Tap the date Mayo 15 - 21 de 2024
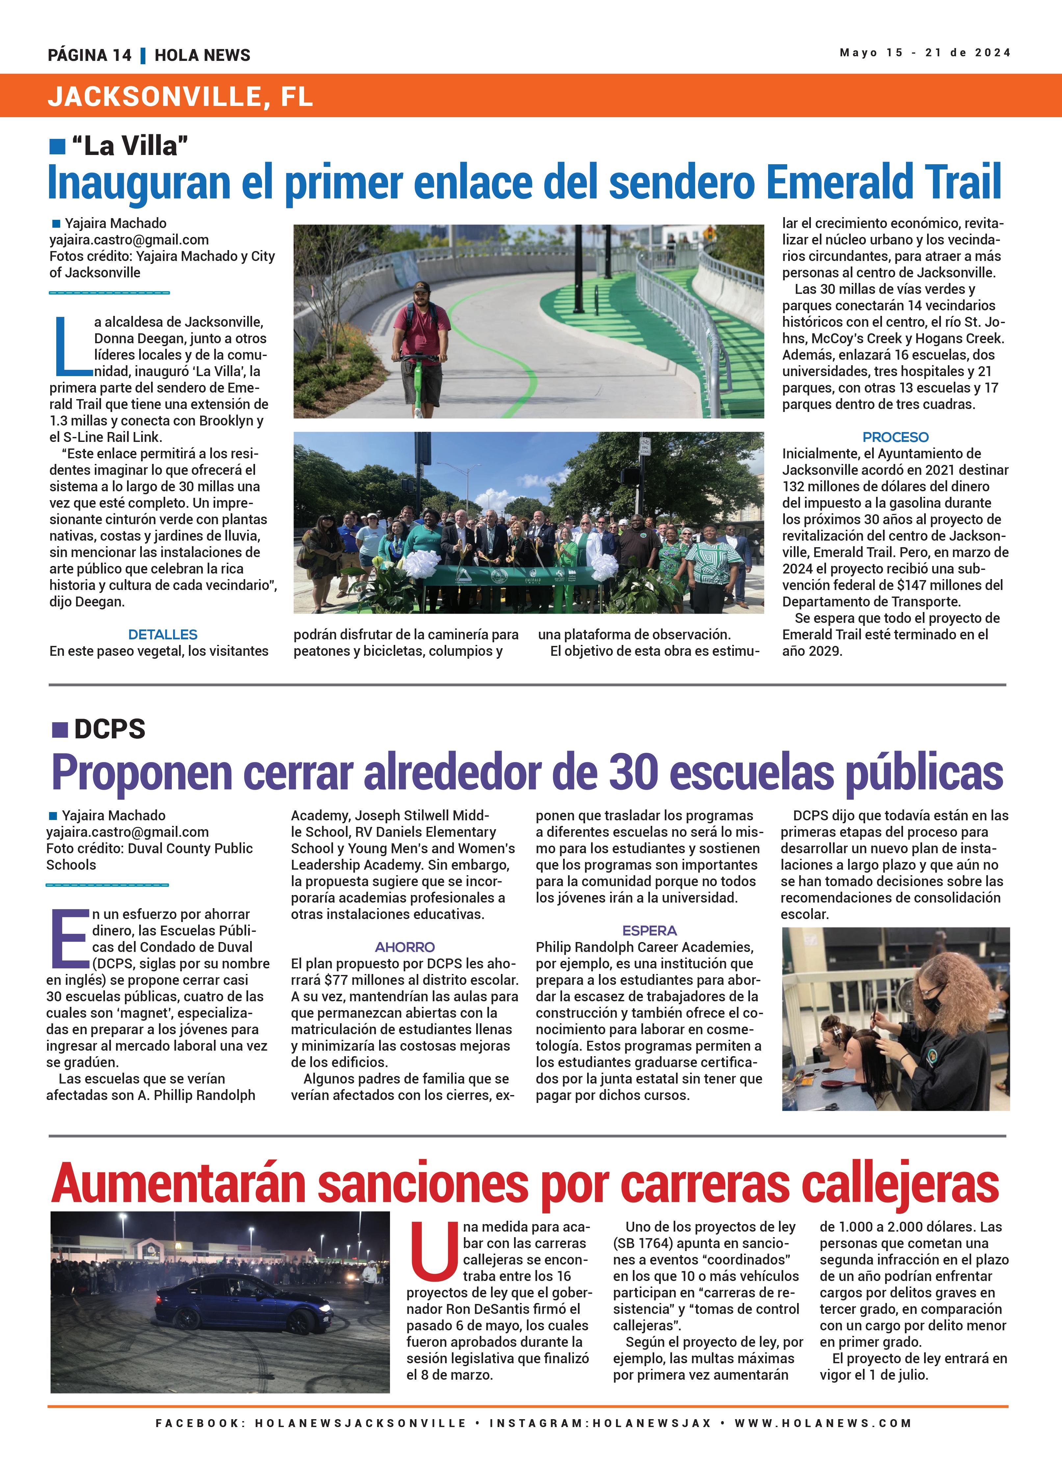pyautogui.click(x=925, y=53)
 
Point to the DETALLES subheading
pyautogui.click(x=163, y=634)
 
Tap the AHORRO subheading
pyautogui.click(x=404, y=947)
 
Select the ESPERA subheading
pyautogui.click(x=649, y=931)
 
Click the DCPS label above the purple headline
pyautogui.click(x=109, y=729)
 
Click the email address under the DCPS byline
pyautogui.click(x=127, y=832)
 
